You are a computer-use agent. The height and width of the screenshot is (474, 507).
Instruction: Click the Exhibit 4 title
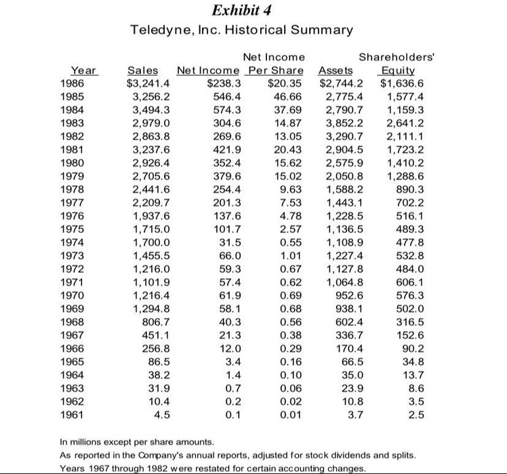click(253, 10)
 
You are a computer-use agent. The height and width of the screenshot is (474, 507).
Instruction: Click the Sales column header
click(142, 70)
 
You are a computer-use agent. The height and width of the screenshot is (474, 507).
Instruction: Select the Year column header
click(83, 70)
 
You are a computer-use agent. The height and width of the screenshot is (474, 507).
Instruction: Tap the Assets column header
click(336, 70)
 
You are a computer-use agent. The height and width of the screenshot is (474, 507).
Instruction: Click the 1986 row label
click(83, 83)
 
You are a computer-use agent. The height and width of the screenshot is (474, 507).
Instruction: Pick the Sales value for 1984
click(153, 110)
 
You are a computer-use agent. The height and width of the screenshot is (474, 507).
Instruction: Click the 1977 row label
click(83, 202)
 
